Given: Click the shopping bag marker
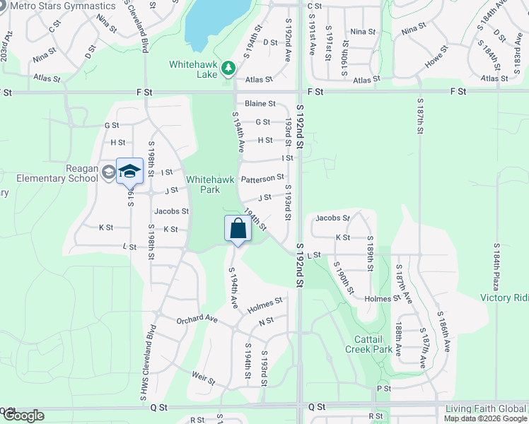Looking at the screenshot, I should tap(238, 229).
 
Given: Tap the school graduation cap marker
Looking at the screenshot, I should tap(129, 172).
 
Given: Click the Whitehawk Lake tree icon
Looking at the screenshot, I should tap(228, 69).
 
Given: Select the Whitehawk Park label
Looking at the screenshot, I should tap(210, 185).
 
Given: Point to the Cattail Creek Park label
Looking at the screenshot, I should tap(368, 344).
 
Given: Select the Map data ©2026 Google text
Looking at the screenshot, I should tap(485, 418).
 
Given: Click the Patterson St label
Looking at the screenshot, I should tap(262, 177).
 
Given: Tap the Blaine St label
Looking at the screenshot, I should tap(260, 103).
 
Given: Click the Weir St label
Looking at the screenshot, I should tap(203, 381).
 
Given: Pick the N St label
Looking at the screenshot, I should tap(266, 322).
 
